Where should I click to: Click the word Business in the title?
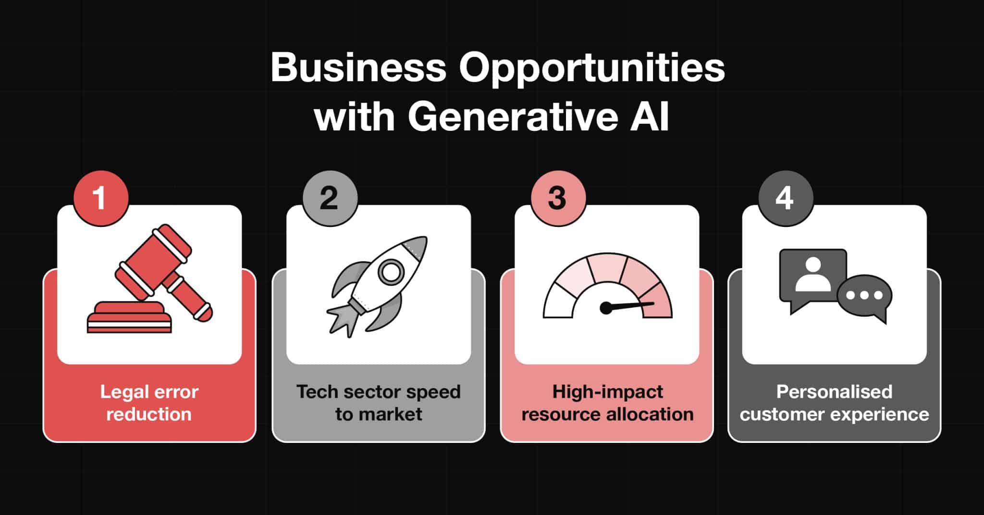pos(358,67)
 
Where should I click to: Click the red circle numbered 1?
pos(101,198)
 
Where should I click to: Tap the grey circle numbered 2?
pos(330,198)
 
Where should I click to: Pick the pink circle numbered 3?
pos(558,198)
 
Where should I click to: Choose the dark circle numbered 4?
pos(786,198)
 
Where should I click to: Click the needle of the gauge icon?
pos(627,306)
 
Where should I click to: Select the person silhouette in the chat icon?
pos(812,275)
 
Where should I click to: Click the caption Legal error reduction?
pos(149,403)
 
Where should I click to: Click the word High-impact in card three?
pos(607,392)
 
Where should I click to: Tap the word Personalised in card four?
pos(834,392)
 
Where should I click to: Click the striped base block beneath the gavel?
pos(129,317)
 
